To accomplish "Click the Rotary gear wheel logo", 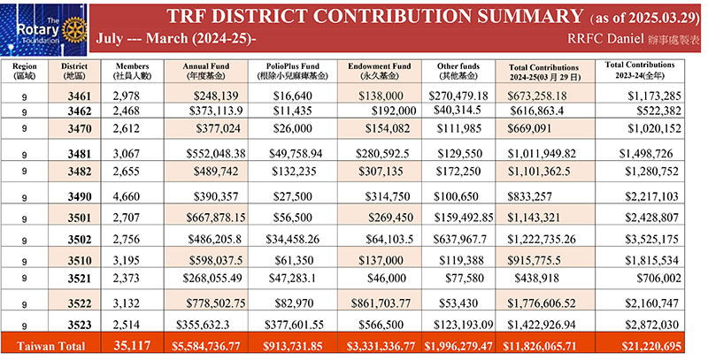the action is [74, 30].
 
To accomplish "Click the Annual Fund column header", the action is [206, 71].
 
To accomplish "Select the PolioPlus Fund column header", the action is [293, 71].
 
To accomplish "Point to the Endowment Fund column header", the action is [380, 71].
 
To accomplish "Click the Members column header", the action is [132, 71].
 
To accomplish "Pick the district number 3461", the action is [80, 96].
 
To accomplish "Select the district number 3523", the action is [80, 325].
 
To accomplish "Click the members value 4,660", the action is [126, 196].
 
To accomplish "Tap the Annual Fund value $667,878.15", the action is [216, 218].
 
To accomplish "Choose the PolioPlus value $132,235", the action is [294, 172].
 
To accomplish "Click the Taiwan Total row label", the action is [50, 346].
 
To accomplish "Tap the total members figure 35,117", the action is [132, 346].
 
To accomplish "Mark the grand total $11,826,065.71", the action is [544, 346].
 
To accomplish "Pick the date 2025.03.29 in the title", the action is [660, 19].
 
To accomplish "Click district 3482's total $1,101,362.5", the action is [538, 172].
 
